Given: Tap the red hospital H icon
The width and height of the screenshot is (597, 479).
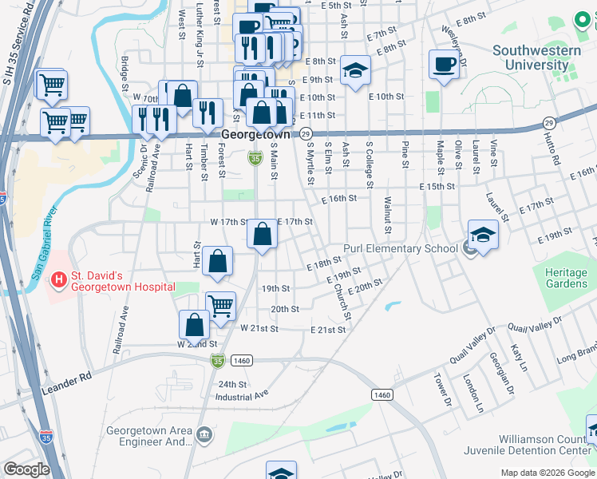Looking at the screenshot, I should coord(58,280).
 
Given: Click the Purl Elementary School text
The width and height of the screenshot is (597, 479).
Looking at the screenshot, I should coord(400,248).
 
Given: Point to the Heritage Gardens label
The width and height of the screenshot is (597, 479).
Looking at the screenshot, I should coord(566,279).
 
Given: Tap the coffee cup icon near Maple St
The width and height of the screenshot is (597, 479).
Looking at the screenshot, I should coord(444,65).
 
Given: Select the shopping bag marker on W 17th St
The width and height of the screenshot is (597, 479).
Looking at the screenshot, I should coord(263,235).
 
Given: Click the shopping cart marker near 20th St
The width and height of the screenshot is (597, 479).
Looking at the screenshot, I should coord(221,304).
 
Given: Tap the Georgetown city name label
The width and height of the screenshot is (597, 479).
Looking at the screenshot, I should coord(255,135).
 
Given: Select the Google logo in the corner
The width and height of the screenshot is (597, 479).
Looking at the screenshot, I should coord(26,469).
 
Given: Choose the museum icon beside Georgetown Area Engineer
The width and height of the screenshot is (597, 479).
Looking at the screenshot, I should coord(205,434).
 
